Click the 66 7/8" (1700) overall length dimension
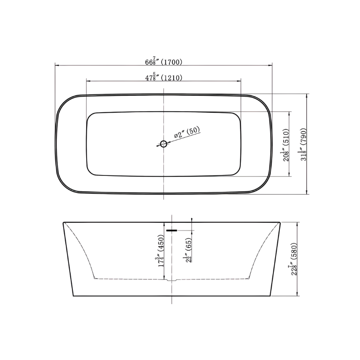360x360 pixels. click(164, 62)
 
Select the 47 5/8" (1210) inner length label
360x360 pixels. click(164, 77)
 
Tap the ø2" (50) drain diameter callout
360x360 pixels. click(187, 132)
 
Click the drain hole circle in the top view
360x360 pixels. click(163, 144)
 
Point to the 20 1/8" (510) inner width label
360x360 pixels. click(285, 145)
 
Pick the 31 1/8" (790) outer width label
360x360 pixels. click(303, 144)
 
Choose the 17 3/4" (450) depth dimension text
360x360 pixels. click(160, 250)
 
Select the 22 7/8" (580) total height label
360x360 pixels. click(293, 259)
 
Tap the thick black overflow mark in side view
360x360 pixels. click(172, 230)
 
